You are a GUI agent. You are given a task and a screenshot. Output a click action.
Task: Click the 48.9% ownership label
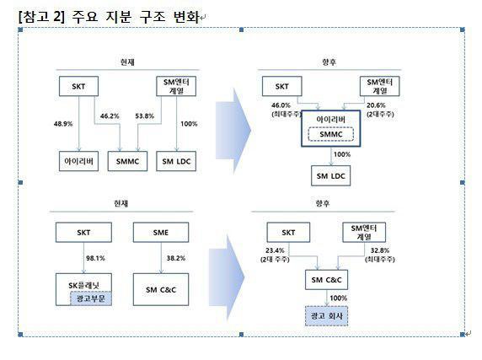63,124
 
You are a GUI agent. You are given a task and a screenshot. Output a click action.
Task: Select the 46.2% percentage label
110,116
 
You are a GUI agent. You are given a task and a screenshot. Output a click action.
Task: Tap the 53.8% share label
144,116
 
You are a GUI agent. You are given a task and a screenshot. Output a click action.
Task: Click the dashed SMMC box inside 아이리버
331,134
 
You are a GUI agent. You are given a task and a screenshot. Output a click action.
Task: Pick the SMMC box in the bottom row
127,161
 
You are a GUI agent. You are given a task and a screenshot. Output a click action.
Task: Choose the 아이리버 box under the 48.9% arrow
78,161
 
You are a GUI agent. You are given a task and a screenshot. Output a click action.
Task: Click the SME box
161,233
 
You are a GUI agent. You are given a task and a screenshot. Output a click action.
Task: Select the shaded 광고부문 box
91,298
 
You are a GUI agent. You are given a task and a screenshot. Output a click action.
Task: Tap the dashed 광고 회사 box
326,316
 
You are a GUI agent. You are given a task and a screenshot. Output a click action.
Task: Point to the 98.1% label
95,258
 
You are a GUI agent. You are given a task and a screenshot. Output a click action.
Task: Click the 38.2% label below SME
176,258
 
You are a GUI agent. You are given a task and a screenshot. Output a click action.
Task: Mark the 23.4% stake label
275,250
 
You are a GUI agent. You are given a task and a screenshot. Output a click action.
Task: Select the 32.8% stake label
380,250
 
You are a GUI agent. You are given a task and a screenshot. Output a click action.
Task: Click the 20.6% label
376,105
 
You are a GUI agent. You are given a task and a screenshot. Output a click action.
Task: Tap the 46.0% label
281,105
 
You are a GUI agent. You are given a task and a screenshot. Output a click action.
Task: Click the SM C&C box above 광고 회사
326,280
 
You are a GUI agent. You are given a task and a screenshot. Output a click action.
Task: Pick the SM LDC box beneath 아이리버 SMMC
331,176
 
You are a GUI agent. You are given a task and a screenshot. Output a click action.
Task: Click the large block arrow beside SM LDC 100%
233,131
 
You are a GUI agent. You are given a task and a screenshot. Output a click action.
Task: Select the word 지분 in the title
119,17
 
